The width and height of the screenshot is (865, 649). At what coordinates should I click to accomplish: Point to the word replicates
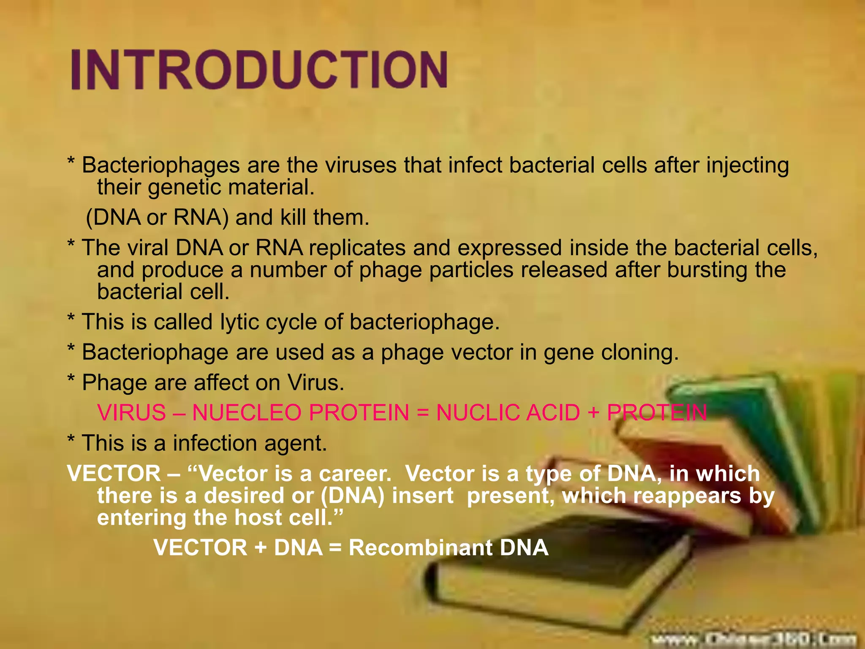click(x=357, y=248)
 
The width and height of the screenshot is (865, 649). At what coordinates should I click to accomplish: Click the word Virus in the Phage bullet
click(x=316, y=383)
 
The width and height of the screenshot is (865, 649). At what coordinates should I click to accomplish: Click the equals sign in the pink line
click(x=422, y=413)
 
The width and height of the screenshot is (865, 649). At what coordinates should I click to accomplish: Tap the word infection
click(x=215, y=443)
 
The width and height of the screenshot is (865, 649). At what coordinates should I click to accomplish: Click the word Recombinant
click(x=420, y=548)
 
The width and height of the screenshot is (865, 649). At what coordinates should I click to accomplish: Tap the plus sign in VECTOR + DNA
click(x=261, y=548)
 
